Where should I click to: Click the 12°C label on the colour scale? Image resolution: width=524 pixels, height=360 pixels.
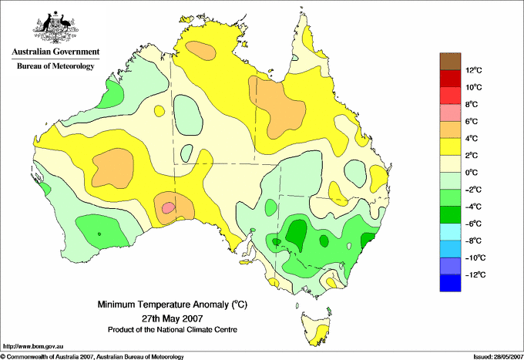tap(474, 70)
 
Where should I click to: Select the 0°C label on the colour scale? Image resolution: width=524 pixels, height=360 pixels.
tap(472, 173)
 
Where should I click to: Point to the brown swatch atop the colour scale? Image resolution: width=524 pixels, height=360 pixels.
tap(450, 62)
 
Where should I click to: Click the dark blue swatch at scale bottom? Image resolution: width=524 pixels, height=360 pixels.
tap(450, 283)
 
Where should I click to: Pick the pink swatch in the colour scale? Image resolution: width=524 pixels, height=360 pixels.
tap(450, 113)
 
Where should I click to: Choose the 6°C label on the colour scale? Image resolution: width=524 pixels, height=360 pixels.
tap(472, 121)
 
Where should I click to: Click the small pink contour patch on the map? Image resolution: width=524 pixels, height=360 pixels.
tap(168, 207)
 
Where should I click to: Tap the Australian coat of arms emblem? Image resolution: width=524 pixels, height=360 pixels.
tap(55, 28)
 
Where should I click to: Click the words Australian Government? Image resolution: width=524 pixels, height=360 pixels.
tap(55, 52)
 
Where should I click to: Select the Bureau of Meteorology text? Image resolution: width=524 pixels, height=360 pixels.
tap(55, 66)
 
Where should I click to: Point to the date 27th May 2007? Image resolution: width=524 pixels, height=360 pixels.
tap(173, 318)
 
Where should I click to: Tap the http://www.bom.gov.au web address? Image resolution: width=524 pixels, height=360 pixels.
tap(33, 347)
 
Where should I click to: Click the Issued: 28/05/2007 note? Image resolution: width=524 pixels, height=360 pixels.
tap(499, 357)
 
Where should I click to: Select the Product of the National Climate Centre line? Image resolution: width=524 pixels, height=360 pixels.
tap(173, 330)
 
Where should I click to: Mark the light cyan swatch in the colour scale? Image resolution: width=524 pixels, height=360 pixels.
tap(450, 232)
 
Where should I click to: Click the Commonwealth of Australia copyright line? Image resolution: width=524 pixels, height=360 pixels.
tap(92, 357)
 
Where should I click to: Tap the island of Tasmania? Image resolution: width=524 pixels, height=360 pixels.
tap(317, 328)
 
